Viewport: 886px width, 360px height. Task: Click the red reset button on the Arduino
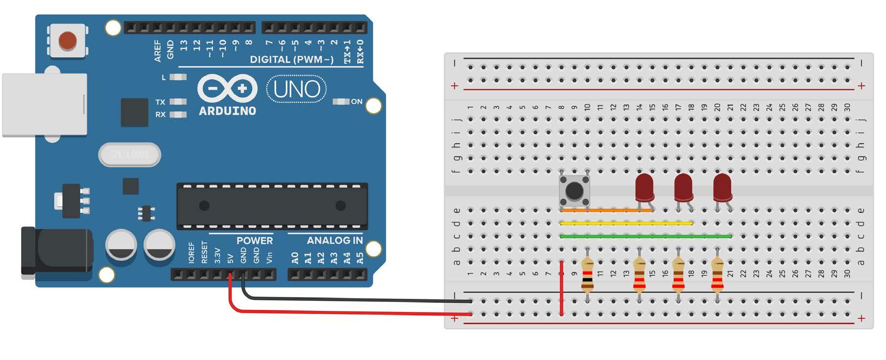68,41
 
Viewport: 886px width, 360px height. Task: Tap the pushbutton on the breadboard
574,190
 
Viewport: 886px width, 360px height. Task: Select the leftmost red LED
644,186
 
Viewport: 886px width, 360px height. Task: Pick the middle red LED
683,187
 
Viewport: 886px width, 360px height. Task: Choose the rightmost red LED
722,187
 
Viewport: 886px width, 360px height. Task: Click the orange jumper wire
607,210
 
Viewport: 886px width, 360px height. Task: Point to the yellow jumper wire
626,223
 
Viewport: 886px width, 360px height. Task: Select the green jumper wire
646,236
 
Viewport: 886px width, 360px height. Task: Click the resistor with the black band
587,277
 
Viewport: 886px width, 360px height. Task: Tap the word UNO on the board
296,90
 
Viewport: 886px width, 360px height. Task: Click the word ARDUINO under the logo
227,111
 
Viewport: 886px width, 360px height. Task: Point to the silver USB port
45,104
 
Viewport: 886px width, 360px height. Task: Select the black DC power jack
56,251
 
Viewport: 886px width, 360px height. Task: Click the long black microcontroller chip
272,206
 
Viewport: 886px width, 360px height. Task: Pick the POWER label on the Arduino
254,241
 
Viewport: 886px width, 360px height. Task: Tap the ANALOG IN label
335,241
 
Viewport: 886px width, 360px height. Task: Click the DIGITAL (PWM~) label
292,60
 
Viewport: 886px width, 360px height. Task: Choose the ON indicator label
357,102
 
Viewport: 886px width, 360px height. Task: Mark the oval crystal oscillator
130,155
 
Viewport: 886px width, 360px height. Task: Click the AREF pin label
158,51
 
